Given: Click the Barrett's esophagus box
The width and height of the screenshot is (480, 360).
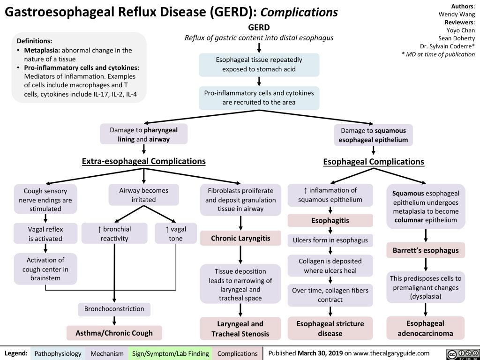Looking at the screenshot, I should pyautogui.click(x=426, y=250).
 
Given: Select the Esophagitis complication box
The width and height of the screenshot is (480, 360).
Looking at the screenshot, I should pyautogui.click(x=330, y=220).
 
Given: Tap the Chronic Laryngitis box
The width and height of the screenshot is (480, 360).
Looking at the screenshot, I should pyautogui.click(x=240, y=238).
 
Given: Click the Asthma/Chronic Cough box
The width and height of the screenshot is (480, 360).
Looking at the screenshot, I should pyautogui.click(x=114, y=333).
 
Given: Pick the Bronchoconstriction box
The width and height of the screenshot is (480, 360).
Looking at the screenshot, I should pyautogui.click(x=114, y=309).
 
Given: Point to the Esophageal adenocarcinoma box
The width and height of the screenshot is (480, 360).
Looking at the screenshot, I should pyautogui.click(x=426, y=328).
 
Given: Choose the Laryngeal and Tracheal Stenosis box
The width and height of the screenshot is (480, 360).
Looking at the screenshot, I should pyautogui.click(x=240, y=329).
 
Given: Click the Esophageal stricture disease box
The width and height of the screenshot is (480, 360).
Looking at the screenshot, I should pyautogui.click(x=330, y=328).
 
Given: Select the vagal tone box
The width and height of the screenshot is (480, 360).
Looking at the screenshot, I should pyautogui.click(x=175, y=233).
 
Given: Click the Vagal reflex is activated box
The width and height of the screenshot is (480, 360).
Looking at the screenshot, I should pyautogui.click(x=45, y=233).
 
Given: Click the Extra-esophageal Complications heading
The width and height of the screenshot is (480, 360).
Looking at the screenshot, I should pyautogui.click(x=143, y=162).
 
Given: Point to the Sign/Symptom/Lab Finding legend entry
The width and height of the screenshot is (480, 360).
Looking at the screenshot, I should pyautogui.click(x=171, y=353).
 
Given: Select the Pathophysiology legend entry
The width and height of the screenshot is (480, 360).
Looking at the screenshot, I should pyautogui.click(x=58, y=353).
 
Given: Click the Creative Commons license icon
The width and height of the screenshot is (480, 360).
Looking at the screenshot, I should pyautogui.click(x=461, y=353).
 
